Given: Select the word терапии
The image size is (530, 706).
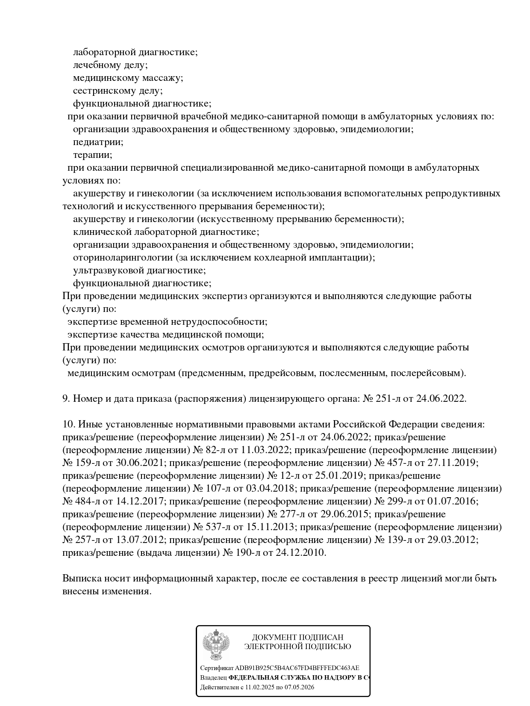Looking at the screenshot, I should (92, 155).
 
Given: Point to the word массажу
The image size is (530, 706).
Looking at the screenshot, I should (162, 78).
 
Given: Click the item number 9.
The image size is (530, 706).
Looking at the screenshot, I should (66, 399).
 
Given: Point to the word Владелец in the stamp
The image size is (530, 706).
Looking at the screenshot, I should (213, 678).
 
